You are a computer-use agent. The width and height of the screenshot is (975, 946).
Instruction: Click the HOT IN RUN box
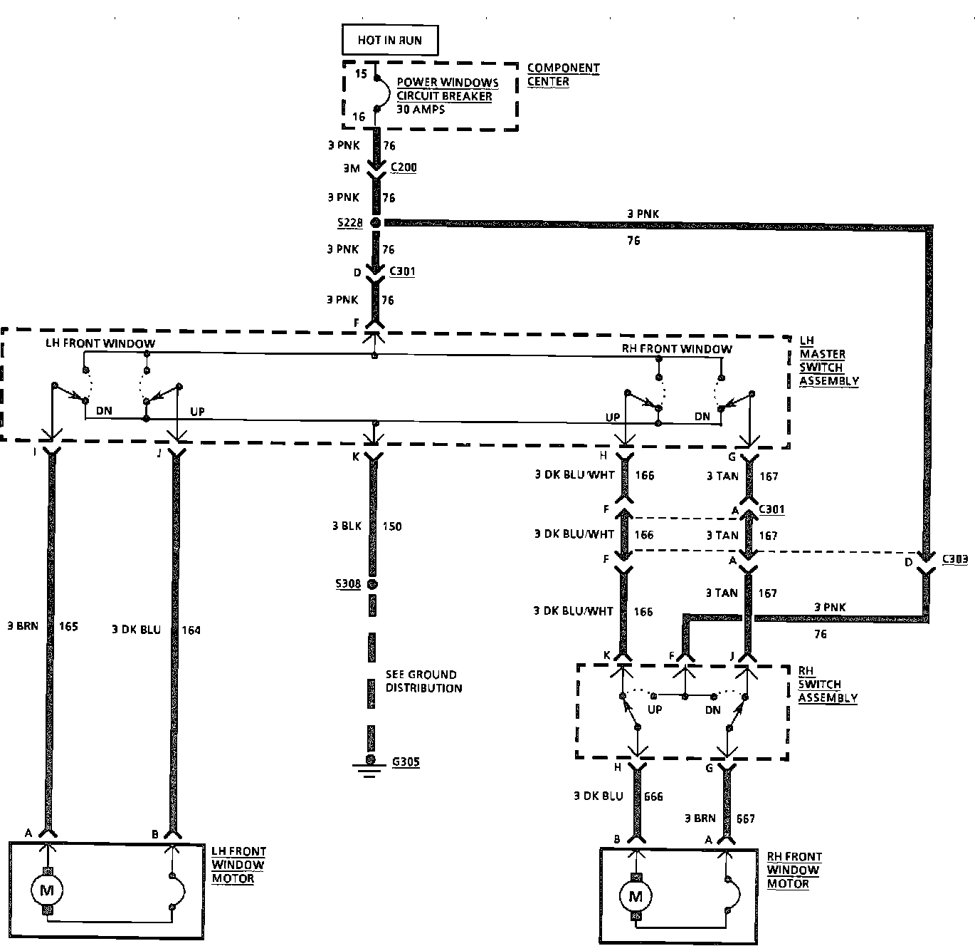pos(389,40)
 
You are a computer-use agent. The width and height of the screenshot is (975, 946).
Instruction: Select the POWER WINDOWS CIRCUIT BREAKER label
pos(447,89)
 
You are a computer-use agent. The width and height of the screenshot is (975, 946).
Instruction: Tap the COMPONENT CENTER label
pos(563,75)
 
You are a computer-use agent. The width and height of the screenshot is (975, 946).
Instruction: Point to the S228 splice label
pos(349,223)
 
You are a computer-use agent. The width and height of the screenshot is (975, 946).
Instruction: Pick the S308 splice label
pos(349,584)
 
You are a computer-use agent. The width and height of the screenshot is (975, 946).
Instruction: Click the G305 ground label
pos(406,762)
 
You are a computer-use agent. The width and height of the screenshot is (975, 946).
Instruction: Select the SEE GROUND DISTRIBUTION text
pos(423,681)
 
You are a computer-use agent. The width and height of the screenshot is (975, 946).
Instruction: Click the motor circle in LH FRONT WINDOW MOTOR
pos(47,890)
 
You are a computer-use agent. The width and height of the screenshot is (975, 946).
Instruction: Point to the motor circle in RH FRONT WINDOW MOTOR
pos(636,896)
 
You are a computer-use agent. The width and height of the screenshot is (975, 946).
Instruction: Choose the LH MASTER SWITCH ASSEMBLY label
pos(828,361)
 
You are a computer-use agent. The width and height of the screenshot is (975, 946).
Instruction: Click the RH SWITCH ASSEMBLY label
pos(827,685)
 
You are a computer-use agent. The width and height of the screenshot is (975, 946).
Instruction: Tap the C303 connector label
pos(954,559)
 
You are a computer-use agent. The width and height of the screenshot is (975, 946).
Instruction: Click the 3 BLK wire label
pos(347,526)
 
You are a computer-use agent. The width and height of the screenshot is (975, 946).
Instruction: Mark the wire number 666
pos(653,796)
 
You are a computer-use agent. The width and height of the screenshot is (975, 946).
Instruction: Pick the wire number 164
pos(191,630)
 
